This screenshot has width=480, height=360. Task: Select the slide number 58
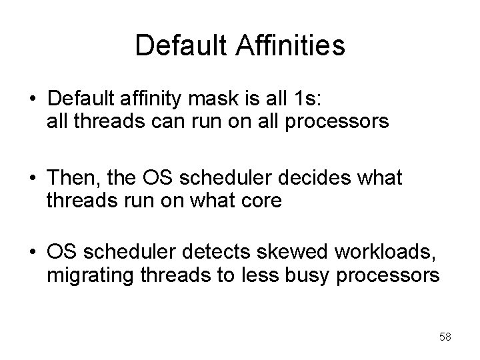point(445,337)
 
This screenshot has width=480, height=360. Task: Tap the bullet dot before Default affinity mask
point(32,101)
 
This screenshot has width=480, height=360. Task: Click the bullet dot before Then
point(32,179)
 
